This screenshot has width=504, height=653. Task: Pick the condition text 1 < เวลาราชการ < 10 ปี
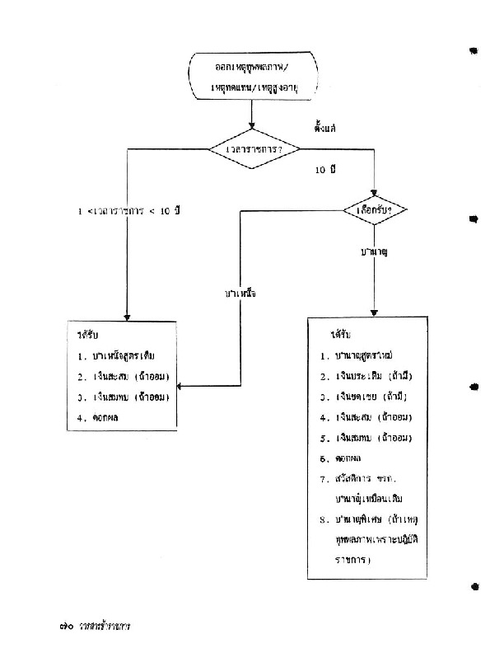128,211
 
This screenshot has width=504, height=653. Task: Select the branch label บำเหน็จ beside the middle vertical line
240,294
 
